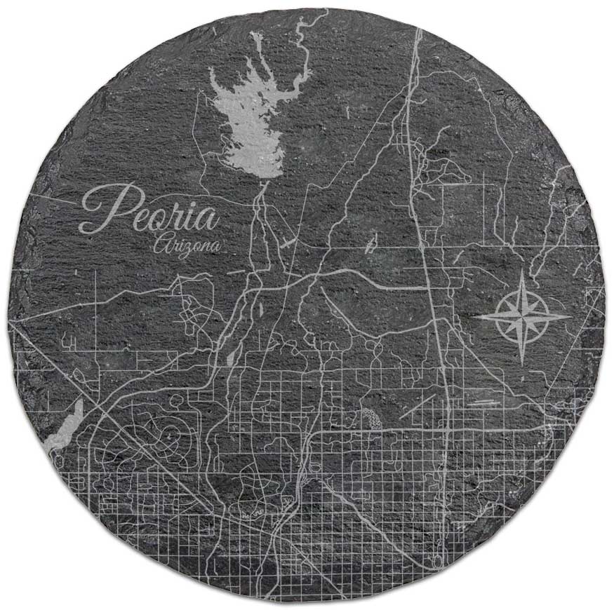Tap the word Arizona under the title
click(186, 245)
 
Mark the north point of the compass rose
click(523, 275)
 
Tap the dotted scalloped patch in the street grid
click(370, 419)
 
